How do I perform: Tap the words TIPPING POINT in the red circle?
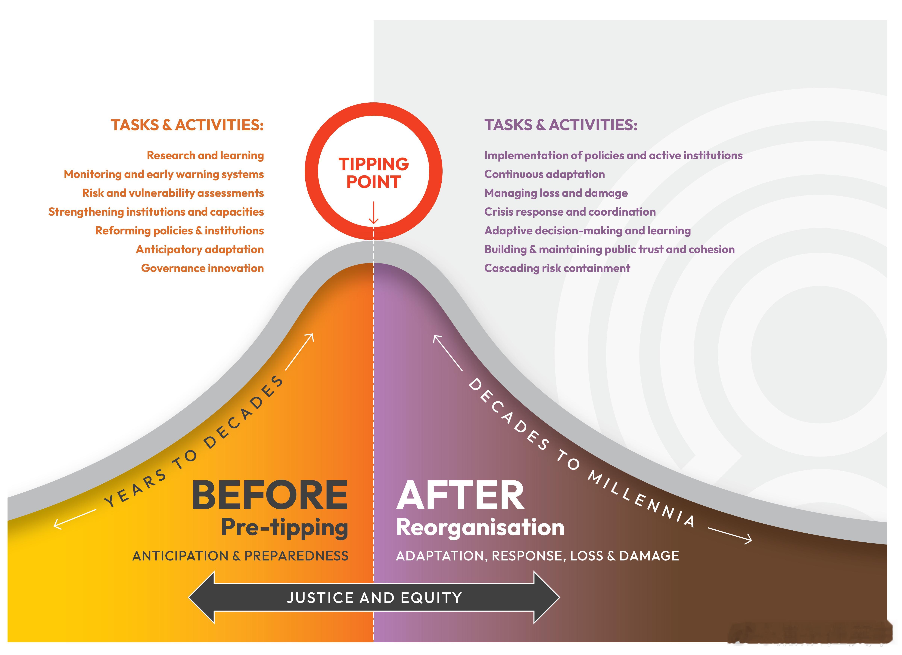click(373, 173)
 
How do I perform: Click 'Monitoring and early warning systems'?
click(164, 174)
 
